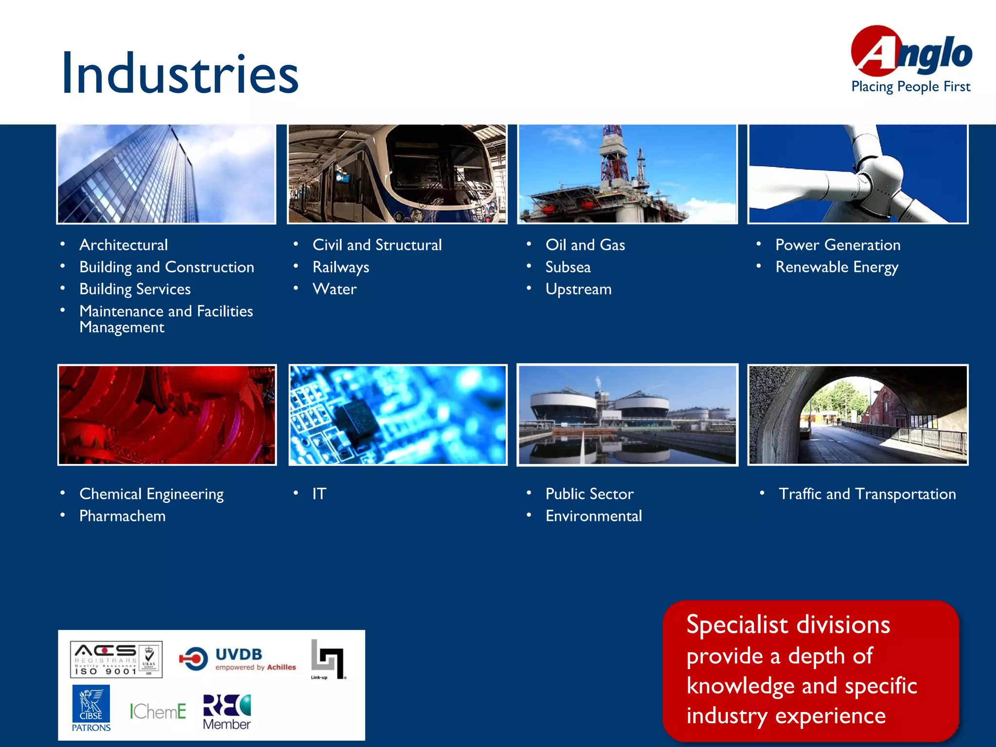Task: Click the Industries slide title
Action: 179,74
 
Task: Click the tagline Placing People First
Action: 910,87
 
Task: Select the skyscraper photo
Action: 166,174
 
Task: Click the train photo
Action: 397,174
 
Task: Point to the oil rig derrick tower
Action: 614,156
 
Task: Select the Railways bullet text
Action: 340,267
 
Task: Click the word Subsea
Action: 568,267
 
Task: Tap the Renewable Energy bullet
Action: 836,267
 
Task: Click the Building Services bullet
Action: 135,289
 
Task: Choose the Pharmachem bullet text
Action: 122,516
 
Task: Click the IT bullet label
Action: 319,494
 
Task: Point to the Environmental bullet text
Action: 593,516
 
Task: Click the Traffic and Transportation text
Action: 867,494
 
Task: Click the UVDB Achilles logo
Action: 238,659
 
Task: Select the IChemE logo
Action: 158,711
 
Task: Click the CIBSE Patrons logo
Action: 91,708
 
